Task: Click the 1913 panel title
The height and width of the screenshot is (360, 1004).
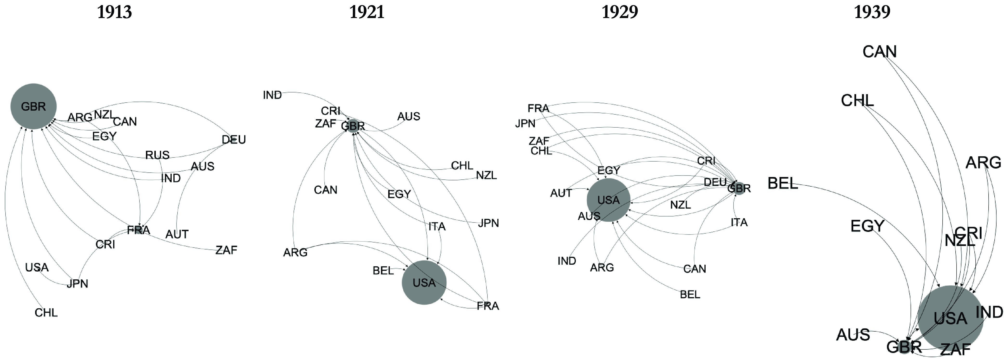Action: (x=114, y=12)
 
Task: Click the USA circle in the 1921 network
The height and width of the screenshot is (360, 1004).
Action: (x=424, y=282)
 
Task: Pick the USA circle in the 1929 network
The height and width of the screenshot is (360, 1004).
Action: (x=608, y=200)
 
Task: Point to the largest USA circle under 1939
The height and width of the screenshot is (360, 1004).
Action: (x=950, y=318)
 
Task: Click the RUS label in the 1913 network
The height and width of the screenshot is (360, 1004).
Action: (x=157, y=155)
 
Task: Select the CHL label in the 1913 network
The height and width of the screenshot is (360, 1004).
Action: (x=46, y=313)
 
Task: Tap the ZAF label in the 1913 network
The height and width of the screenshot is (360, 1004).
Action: (x=226, y=250)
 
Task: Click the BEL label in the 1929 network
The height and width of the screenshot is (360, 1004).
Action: (x=690, y=295)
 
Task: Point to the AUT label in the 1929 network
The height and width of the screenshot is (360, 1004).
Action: (x=561, y=193)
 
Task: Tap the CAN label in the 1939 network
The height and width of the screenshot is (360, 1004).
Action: (x=879, y=52)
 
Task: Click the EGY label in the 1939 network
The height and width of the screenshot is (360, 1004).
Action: (x=867, y=226)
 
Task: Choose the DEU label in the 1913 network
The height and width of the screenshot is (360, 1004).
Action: (x=233, y=139)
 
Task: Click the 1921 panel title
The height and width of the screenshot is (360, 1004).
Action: (x=366, y=12)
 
